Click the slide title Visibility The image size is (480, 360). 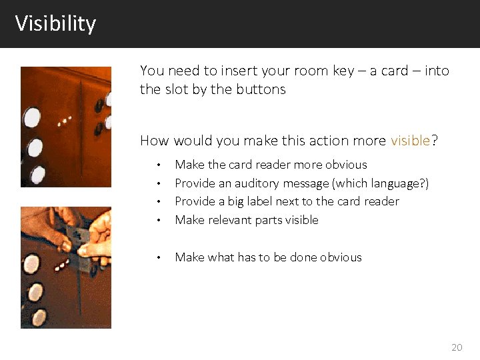point(56,24)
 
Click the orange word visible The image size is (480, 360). point(411,141)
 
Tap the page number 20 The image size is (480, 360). point(457,347)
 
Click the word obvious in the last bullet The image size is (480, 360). point(341,257)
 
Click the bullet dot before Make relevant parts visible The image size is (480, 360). point(158,220)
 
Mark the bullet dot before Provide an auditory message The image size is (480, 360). point(158,183)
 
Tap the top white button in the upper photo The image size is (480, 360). point(31,117)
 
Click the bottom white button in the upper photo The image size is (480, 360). point(37,174)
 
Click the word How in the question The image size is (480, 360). point(155,141)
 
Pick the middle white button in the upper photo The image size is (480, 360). point(35,147)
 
